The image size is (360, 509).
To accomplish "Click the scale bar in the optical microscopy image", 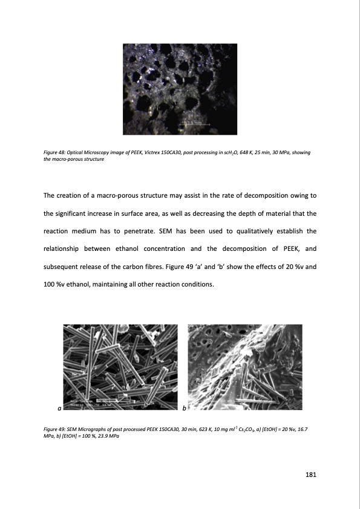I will point(194,124).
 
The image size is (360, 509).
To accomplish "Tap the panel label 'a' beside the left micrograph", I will point(59,409).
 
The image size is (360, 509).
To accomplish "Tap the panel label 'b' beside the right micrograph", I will point(184,409).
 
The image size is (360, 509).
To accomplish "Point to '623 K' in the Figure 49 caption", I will point(198,428).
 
